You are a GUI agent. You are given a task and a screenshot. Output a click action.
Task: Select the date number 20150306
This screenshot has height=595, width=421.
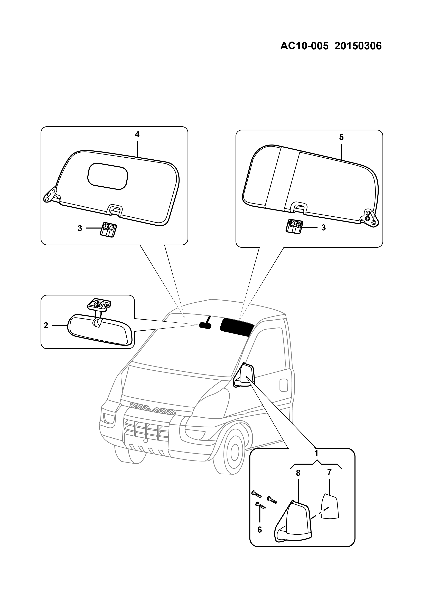[x=358, y=46]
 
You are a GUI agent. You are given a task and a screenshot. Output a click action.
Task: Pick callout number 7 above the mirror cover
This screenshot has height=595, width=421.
[x=329, y=472]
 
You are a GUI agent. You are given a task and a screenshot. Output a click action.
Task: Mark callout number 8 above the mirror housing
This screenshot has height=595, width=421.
[x=298, y=473]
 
